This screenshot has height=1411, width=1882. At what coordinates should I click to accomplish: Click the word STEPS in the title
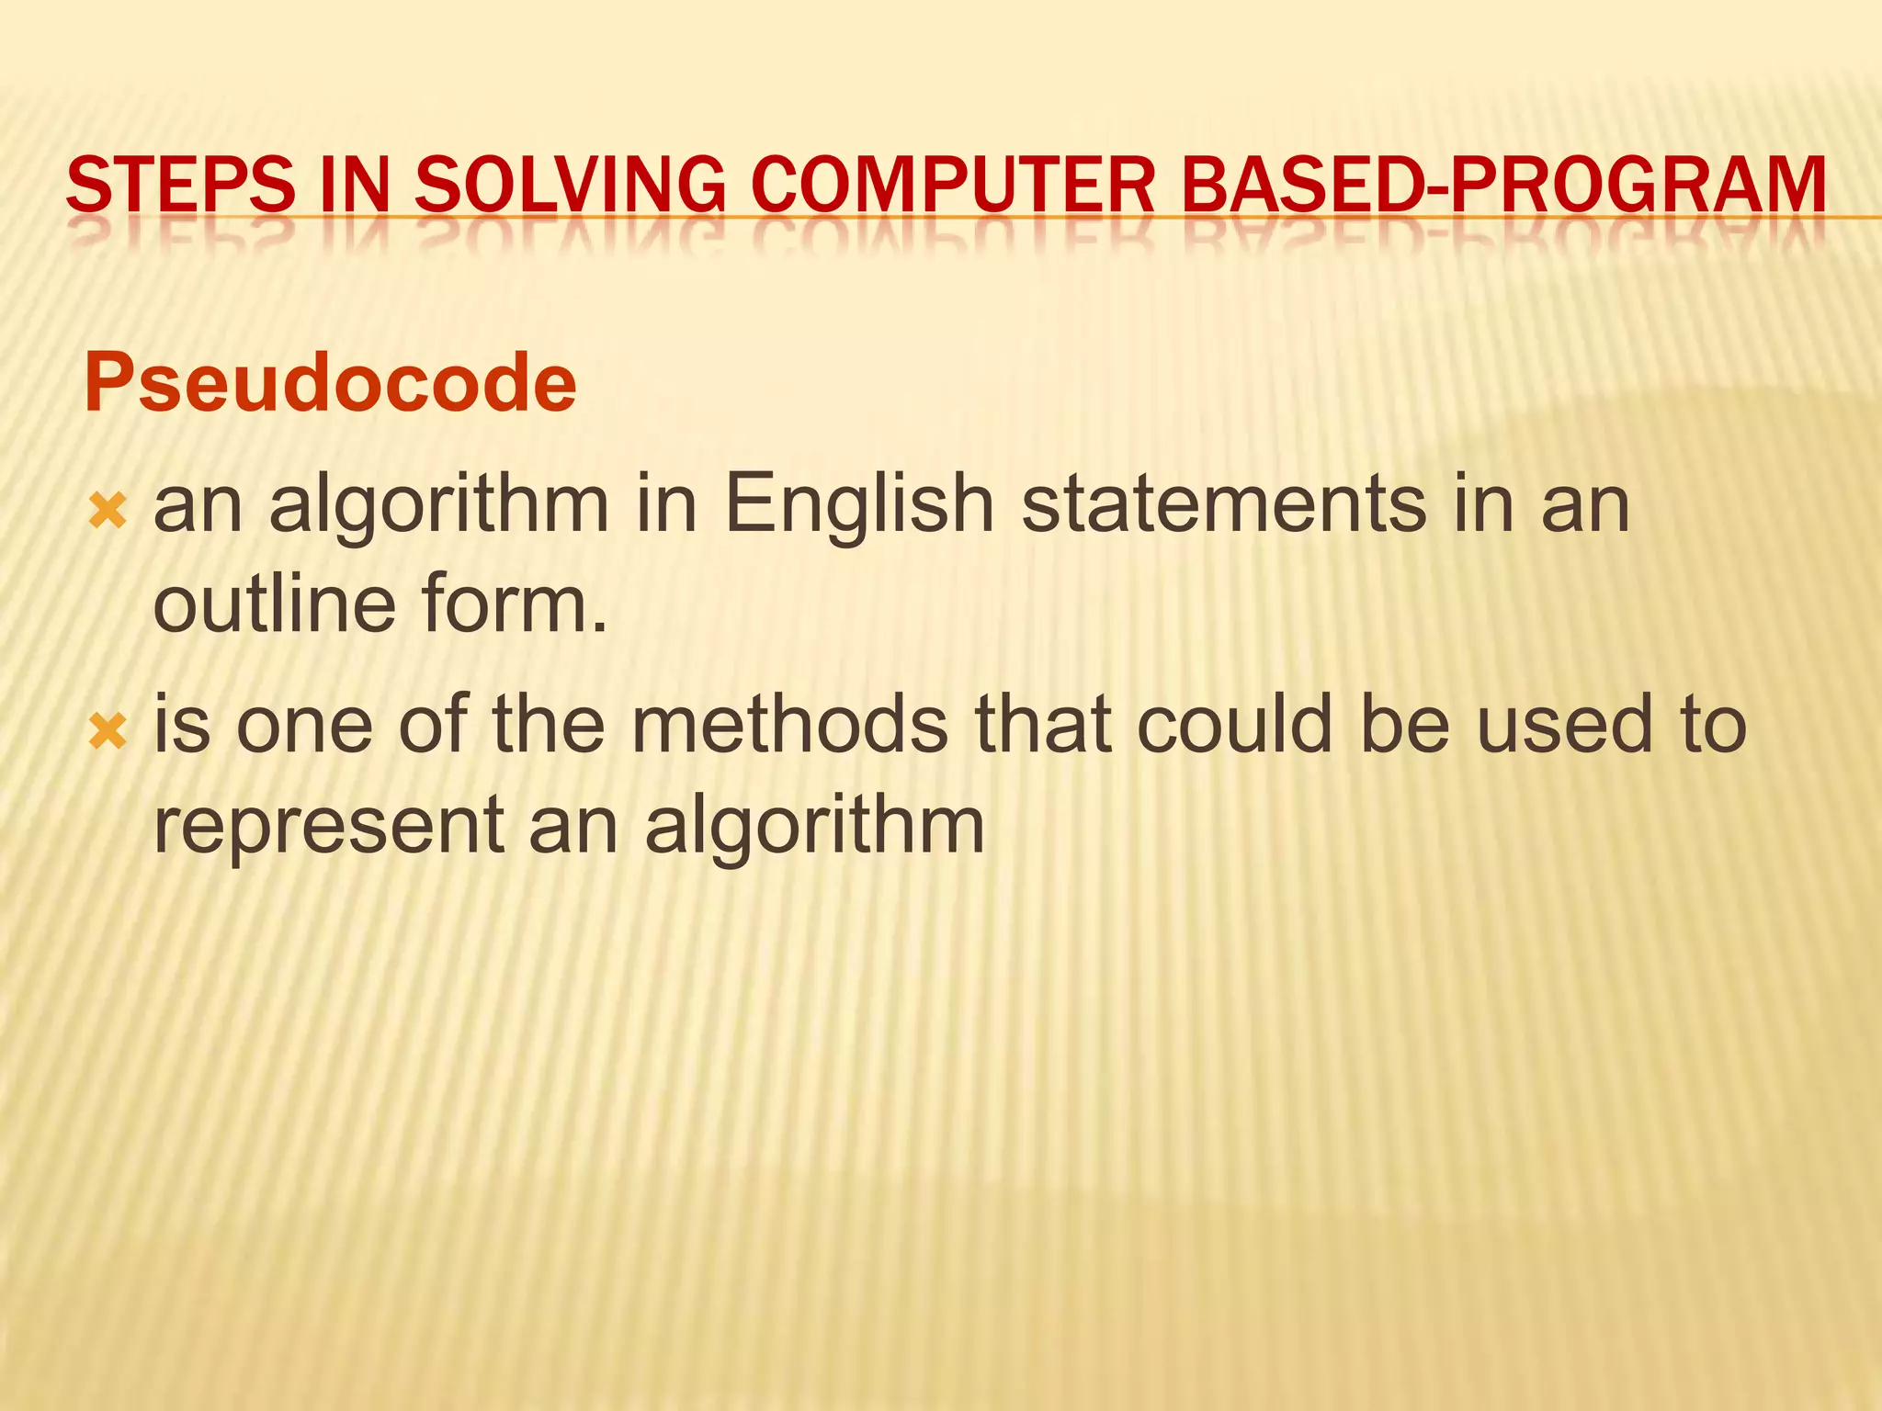point(181,185)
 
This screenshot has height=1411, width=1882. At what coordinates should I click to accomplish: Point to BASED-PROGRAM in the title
point(1504,185)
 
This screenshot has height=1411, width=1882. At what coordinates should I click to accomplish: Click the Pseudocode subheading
point(330,383)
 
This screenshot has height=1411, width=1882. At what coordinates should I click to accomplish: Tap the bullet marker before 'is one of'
point(108,731)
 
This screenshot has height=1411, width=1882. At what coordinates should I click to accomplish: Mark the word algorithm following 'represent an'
point(814,826)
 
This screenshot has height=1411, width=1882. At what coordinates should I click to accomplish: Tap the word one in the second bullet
point(304,725)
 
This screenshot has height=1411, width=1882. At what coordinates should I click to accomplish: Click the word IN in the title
point(354,185)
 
